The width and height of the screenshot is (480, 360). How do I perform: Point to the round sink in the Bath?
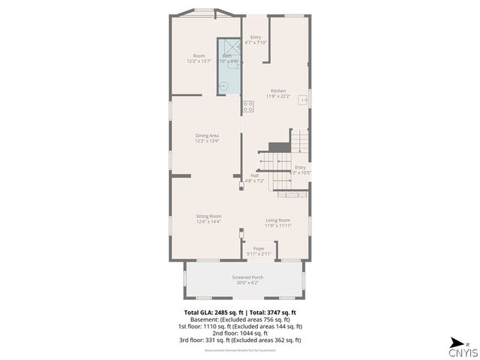(223, 85)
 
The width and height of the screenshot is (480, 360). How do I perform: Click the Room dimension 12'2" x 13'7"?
(199, 61)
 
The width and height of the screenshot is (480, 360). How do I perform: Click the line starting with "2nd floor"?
(241, 333)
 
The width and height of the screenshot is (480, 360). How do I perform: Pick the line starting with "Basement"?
(240, 319)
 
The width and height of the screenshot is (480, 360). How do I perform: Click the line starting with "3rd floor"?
(241, 340)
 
